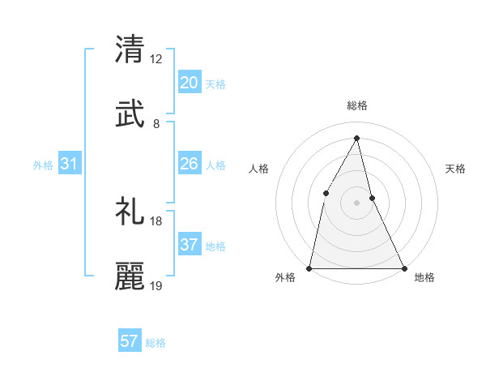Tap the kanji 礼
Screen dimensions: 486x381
pyautogui.click(x=130, y=211)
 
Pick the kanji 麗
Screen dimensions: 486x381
pyautogui.click(x=130, y=276)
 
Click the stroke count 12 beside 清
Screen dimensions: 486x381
pyautogui.click(x=156, y=59)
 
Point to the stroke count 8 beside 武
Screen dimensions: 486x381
pyautogui.click(x=156, y=124)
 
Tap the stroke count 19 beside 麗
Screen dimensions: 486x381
pyautogui.click(x=156, y=286)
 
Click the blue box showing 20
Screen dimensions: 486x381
pyautogui.click(x=190, y=83)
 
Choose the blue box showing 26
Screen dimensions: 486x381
pyautogui.click(x=190, y=164)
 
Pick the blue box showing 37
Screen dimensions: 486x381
pyautogui.click(x=190, y=245)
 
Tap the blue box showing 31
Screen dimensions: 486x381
pyautogui.click(x=70, y=164)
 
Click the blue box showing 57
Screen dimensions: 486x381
pyautogui.click(x=130, y=341)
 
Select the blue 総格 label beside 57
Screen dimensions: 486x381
pyautogui.click(x=156, y=343)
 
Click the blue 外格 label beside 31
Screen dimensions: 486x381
pyautogui.click(x=43, y=165)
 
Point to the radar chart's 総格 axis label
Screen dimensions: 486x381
pyautogui.click(x=356, y=105)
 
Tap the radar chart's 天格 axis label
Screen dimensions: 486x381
pyautogui.click(x=455, y=169)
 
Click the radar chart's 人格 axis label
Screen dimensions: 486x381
pyautogui.click(x=258, y=169)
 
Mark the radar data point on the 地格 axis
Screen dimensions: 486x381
pyautogui.click(x=403, y=268)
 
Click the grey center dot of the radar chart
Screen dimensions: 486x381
pyautogui.click(x=356, y=202)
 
